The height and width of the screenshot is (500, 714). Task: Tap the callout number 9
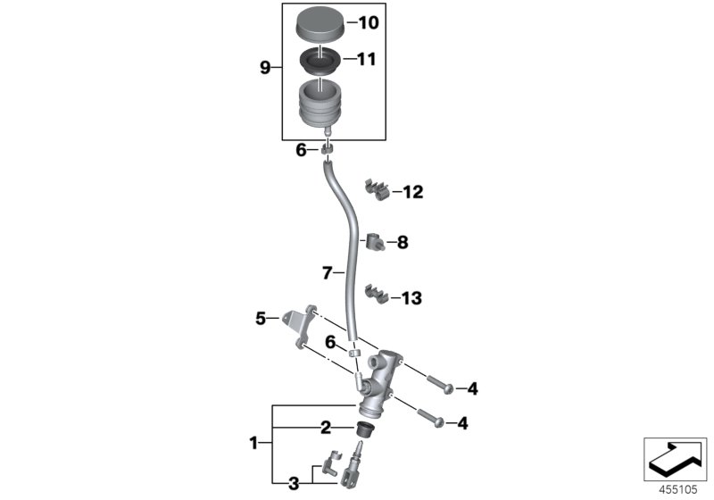coord(264,68)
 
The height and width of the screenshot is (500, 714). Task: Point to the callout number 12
coord(412,192)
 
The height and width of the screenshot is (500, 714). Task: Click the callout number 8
coord(402,241)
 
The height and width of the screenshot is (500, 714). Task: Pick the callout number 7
coord(327,271)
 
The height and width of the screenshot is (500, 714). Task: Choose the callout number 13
coord(412,298)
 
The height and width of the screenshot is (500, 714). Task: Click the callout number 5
coord(261,317)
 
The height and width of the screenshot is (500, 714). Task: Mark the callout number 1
coord(255,442)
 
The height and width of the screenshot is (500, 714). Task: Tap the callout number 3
coord(293,485)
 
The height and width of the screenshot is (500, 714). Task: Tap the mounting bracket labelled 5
coord(300,320)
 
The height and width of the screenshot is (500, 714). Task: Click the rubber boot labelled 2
coord(364,430)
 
